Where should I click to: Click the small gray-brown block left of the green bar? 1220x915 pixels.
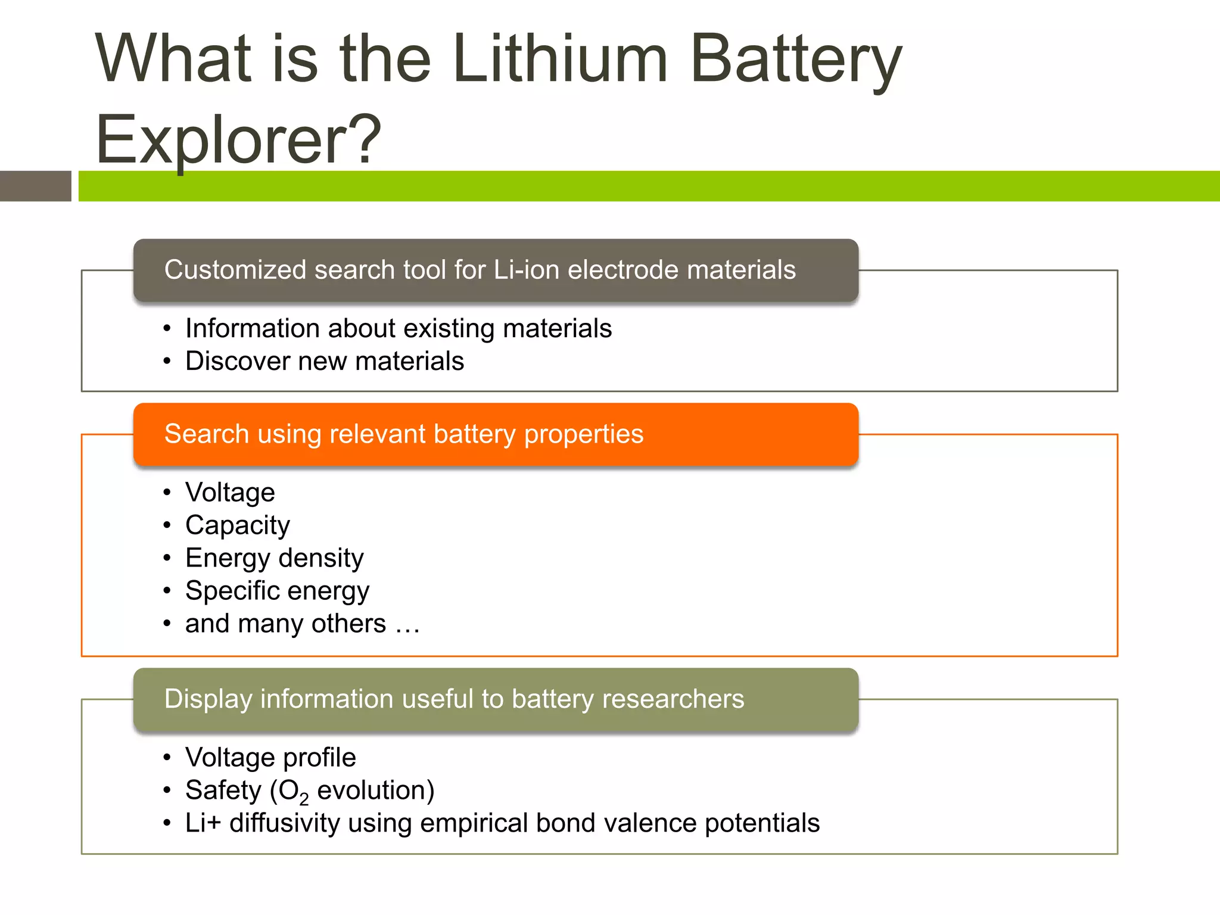coord(35,186)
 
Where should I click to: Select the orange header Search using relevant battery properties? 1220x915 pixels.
coord(496,434)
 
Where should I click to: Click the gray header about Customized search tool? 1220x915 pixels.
coord(496,270)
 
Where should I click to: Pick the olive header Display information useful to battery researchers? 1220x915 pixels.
coord(496,699)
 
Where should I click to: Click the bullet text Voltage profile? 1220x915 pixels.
coord(270,758)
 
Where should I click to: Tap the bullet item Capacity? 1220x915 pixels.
coord(237,525)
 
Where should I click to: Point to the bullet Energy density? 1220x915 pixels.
coord(274,558)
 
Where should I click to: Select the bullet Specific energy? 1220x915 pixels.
coord(277,591)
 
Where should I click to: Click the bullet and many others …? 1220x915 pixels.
coord(302,624)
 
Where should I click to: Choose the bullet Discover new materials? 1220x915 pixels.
coord(325,362)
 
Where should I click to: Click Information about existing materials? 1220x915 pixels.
coord(398,329)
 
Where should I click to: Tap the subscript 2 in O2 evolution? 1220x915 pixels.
coord(304,799)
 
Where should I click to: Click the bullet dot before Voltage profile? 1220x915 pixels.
coord(167,758)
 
